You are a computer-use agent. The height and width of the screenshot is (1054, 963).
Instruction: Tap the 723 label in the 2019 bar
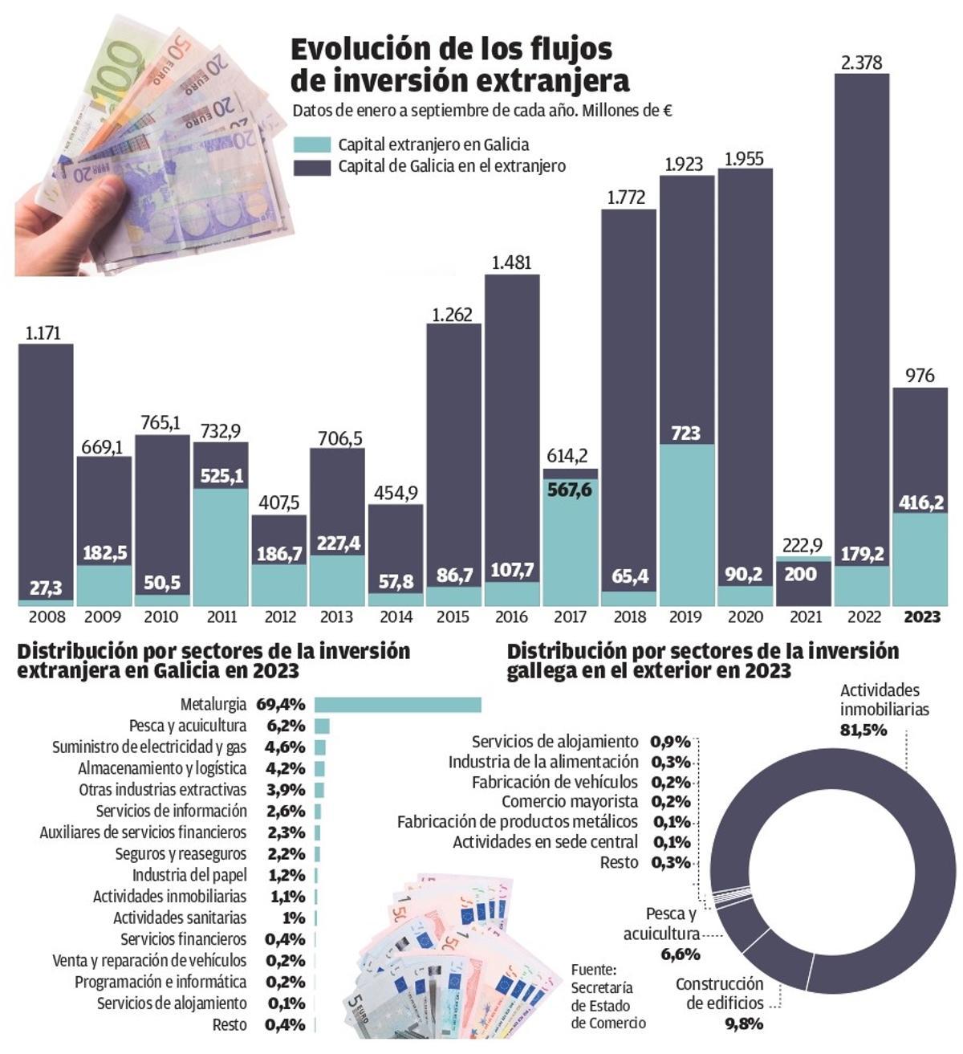(685, 433)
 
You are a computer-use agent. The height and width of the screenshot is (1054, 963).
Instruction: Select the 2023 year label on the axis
(922, 617)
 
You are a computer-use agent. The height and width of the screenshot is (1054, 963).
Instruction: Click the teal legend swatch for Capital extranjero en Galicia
(312, 145)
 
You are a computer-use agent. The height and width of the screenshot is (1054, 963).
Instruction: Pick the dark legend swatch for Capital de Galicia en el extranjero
(312, 167)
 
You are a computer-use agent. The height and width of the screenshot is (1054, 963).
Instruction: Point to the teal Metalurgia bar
(397, 705)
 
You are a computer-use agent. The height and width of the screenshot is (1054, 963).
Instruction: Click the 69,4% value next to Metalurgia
(281, 705)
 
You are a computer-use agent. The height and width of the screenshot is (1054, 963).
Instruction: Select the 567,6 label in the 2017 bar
(569, 490)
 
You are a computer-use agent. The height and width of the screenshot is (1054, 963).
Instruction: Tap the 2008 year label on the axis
(47, 617)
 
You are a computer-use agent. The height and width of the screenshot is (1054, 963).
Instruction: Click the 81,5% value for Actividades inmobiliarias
(863, 730)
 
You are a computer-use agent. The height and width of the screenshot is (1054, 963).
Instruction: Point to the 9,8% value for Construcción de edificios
(744, 1023)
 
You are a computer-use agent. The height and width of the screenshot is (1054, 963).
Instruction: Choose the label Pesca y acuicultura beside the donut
(662, 924)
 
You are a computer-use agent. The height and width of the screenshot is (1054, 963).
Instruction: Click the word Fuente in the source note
(593, 969)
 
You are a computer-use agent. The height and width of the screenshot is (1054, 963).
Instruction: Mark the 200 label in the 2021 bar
(800, 574)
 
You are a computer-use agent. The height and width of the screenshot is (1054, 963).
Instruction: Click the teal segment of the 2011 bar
(221, 546)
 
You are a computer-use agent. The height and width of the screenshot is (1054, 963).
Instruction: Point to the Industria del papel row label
(189, 875)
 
